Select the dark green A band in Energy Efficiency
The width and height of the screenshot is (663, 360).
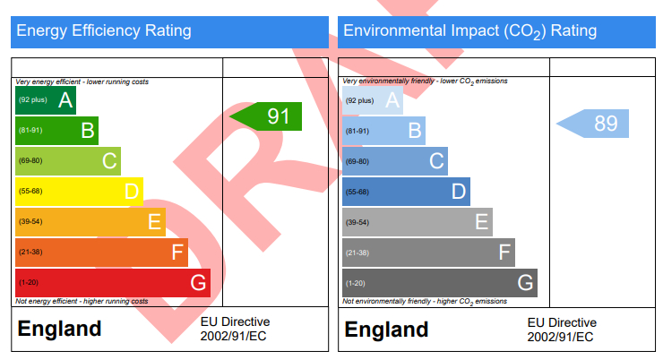45,100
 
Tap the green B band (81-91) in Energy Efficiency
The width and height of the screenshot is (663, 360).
56,131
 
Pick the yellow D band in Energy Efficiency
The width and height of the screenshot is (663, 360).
79,192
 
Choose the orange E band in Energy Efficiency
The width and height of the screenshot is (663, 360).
90,222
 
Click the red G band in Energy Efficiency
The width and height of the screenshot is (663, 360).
112,283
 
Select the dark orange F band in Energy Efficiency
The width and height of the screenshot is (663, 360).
101,253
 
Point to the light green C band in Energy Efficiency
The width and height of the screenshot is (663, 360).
67,161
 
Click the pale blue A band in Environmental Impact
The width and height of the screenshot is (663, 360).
373,100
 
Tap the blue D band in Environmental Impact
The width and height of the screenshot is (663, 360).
406,192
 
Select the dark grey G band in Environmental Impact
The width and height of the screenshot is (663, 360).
439,283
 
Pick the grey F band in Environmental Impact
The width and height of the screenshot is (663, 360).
428,253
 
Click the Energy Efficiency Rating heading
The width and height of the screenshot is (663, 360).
104,31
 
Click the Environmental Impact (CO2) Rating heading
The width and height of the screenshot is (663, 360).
469,31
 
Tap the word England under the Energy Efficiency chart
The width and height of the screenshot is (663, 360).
59,330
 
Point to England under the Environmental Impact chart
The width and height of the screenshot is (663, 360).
386,330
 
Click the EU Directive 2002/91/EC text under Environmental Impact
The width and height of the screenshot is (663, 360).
561,330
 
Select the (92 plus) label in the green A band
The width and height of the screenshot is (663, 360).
33,100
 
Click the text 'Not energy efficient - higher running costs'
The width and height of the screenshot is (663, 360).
82,301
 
